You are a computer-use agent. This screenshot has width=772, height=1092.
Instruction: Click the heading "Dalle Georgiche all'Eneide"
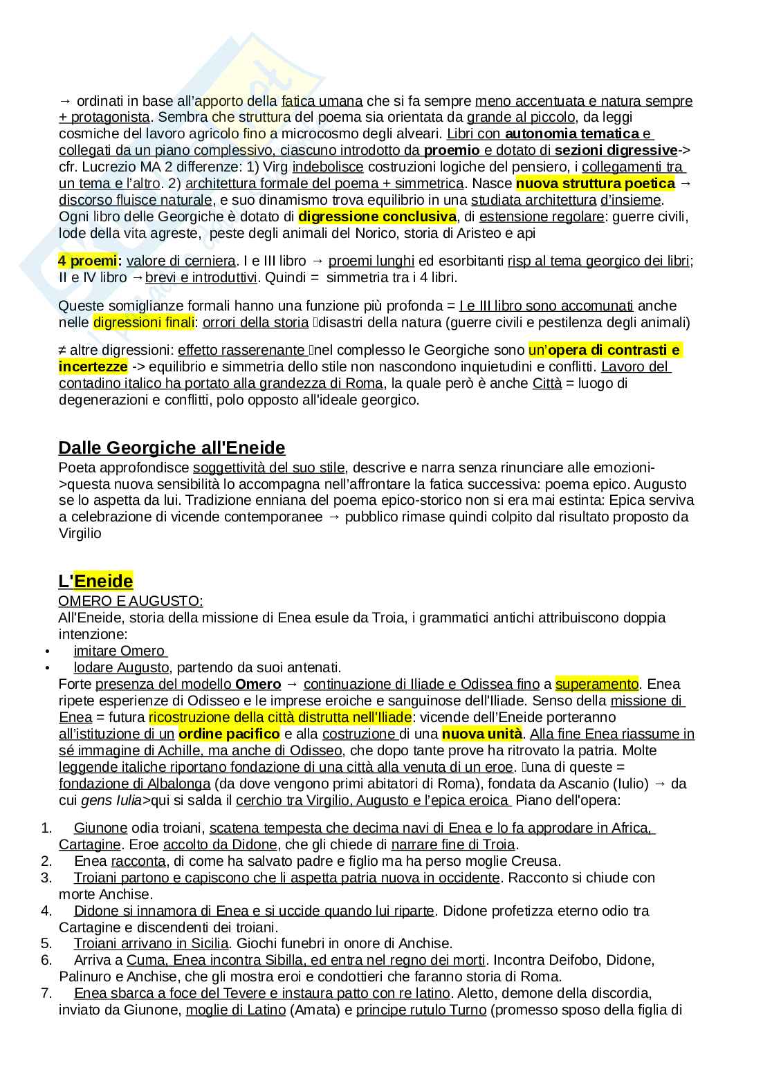[172, 447]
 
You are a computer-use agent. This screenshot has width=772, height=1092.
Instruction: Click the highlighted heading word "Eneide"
[103, 580]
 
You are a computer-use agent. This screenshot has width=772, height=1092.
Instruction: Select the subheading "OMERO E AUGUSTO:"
[131, 601]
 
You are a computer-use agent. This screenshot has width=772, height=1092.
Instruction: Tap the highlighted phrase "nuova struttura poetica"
[595, 183]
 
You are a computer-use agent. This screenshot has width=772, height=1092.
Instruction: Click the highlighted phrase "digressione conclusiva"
[377, 216]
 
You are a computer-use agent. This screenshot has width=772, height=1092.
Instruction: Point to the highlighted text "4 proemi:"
[90, 261]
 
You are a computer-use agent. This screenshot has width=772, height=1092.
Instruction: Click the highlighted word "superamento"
[596, 684]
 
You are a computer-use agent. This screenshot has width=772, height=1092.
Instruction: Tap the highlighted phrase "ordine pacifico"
[229, 734]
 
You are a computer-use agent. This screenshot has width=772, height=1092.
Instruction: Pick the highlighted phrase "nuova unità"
[481, 734]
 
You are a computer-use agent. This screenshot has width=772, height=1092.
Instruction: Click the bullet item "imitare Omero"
[120, 651]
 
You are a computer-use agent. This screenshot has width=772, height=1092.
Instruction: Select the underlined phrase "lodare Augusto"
[121, 667]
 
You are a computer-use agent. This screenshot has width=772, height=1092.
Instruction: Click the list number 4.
[46, 910]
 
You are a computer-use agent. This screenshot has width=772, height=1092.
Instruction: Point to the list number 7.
[46, 993]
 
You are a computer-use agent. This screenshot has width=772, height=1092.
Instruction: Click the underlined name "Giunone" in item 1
[100, 828]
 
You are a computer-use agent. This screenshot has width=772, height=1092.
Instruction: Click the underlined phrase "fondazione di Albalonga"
[134, 784]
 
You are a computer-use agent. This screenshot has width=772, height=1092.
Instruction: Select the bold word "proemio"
[452, 150]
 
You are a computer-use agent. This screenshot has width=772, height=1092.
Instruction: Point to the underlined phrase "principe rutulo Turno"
[421, 1010]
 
